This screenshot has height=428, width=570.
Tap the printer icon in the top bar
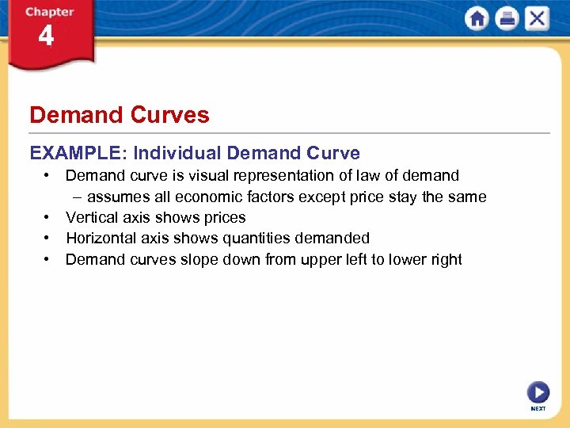tap(507, 19)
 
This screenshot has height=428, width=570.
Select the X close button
tap(537, 19)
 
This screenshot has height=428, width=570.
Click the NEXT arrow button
tap(538, 392)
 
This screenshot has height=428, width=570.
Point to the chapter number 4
tap(46, 36)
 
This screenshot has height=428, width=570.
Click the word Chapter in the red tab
tap(49, 12)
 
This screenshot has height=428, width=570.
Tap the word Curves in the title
tap(171, 115)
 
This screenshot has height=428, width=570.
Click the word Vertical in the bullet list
tap(91, 217)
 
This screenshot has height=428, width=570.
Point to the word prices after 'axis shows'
tap(225, 217)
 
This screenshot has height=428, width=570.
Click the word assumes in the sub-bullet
tap(116, 197)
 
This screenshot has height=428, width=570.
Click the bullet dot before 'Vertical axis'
tap(49, 217)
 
